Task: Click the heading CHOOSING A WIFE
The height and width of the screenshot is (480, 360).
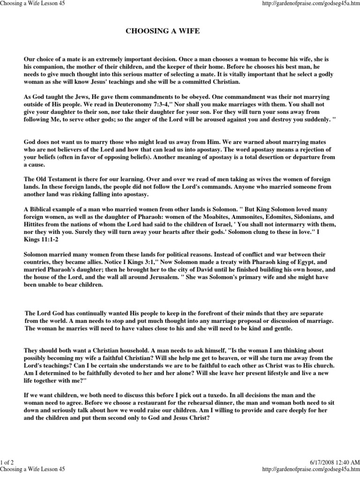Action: tap(163, 31)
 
